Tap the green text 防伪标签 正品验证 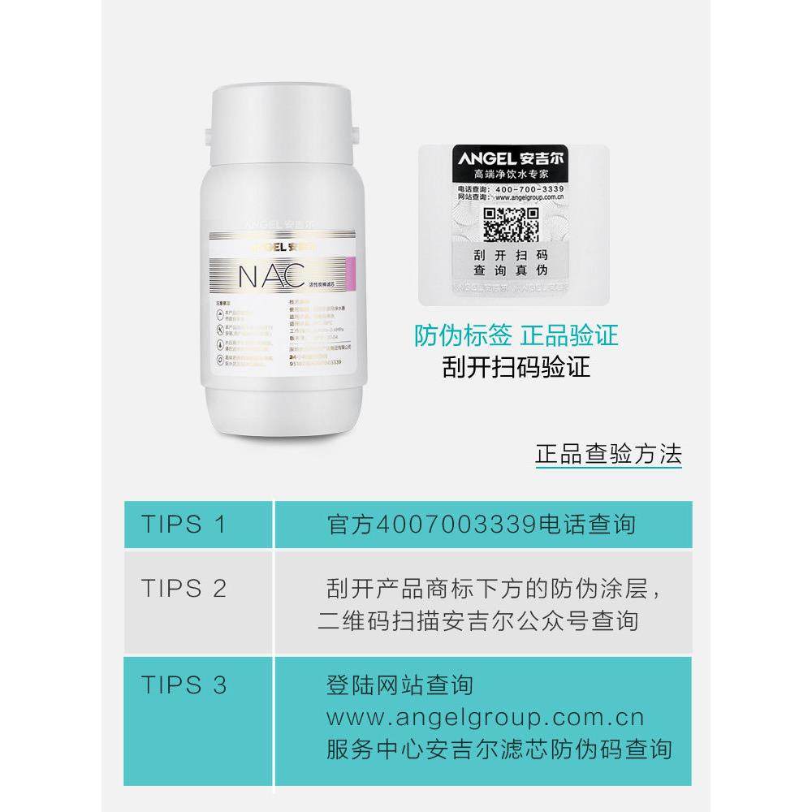point(516,335)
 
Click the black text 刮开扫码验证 point(516,368)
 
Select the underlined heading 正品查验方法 point(608,452)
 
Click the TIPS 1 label point(183,523)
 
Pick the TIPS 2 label point(184,589)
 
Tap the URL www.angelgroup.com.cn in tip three point(484,717)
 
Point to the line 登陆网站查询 point(399,685)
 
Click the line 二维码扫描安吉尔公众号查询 point(477,621)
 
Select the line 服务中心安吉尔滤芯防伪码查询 point(498,749)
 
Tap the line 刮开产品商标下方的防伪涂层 point(494,589)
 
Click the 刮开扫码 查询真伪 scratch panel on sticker point(512,261)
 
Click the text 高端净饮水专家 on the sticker point(512,174)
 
